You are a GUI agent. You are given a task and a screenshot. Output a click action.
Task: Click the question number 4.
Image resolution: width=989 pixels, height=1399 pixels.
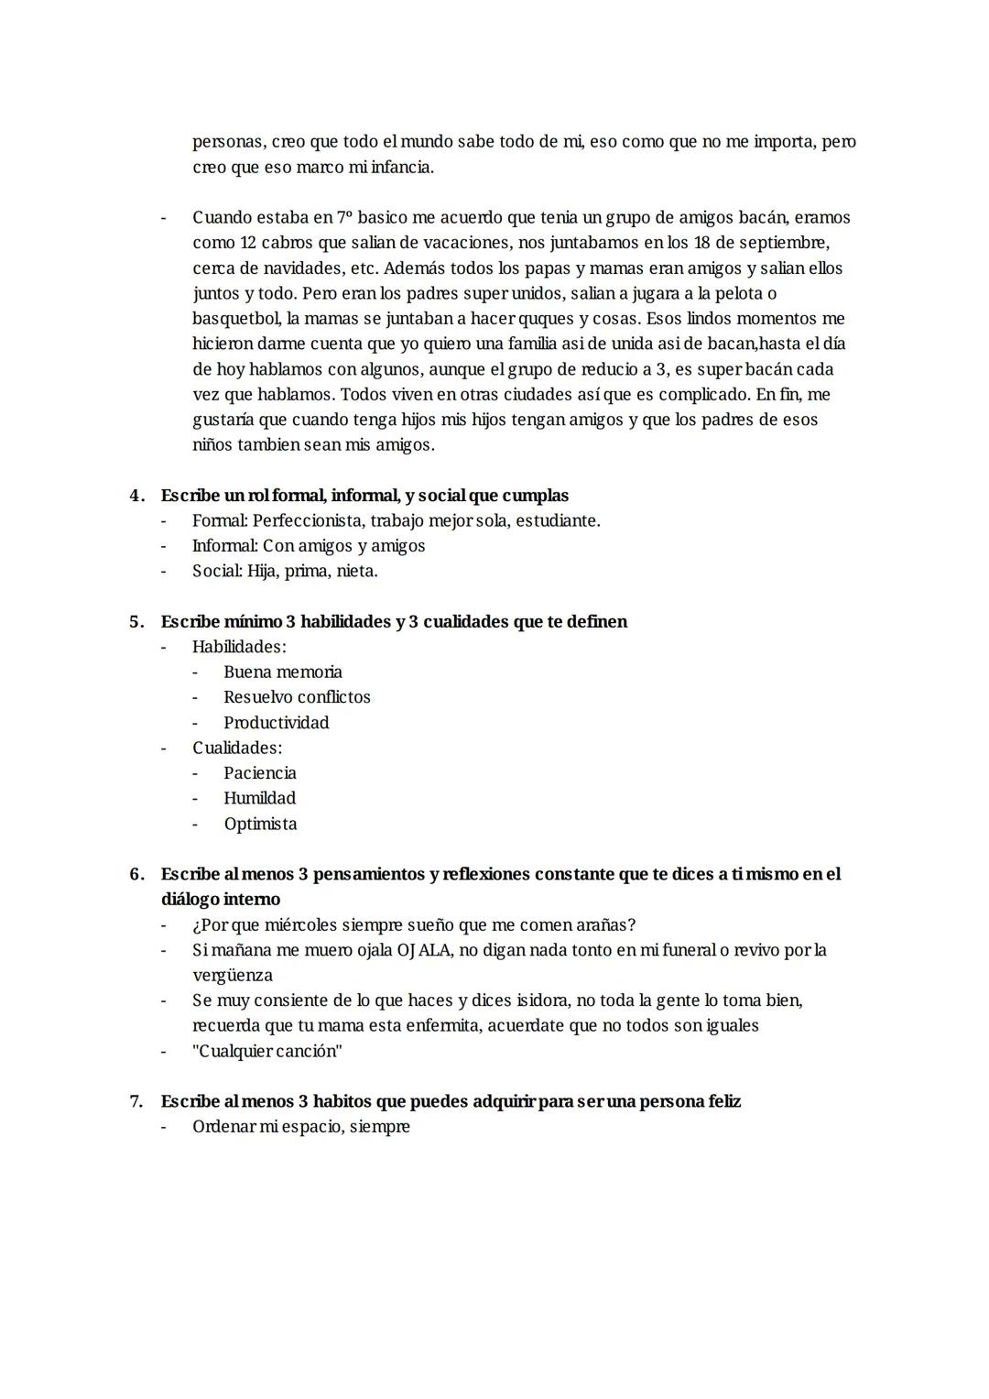pyautogui.click(x=136, y=496)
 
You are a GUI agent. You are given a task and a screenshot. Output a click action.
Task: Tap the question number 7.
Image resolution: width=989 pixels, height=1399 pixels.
pyautogui.click(x=136, y=1101)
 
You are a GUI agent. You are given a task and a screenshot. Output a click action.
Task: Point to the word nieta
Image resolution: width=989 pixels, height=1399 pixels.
pyautogui.click(x=356, y=571)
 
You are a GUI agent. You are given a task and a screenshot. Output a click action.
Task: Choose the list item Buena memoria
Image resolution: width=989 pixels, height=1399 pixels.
pyautogui.click(x=283, y=672)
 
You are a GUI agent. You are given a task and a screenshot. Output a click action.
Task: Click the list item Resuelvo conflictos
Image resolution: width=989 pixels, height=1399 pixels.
pyautogui.click(x=297, y=697)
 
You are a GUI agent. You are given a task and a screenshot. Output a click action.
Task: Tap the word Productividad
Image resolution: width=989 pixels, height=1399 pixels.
pyautogui.click(x=276, y=723)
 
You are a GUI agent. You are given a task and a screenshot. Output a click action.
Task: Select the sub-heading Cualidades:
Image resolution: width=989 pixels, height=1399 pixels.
pyautogui.click(x=237, y=748)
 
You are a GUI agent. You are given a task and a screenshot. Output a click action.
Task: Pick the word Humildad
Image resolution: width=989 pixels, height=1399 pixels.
pyautogui.click(x=259, y=798)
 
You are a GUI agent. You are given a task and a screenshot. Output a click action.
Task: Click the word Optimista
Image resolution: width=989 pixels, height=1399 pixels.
pyautogui.click(x=260, y=824)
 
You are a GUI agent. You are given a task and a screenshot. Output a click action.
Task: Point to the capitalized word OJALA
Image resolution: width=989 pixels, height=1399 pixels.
pyautogui.click(x=424, y=950)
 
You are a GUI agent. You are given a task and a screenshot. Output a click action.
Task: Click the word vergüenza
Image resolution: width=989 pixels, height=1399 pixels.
pyautogui.click(x=233, y=975)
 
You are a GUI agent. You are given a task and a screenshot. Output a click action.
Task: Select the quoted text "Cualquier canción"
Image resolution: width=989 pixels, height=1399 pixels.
pyautogui.click(x=267, y=1051)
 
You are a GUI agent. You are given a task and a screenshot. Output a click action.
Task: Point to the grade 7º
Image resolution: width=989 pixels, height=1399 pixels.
pyautogui.click(x=344, y=218)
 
